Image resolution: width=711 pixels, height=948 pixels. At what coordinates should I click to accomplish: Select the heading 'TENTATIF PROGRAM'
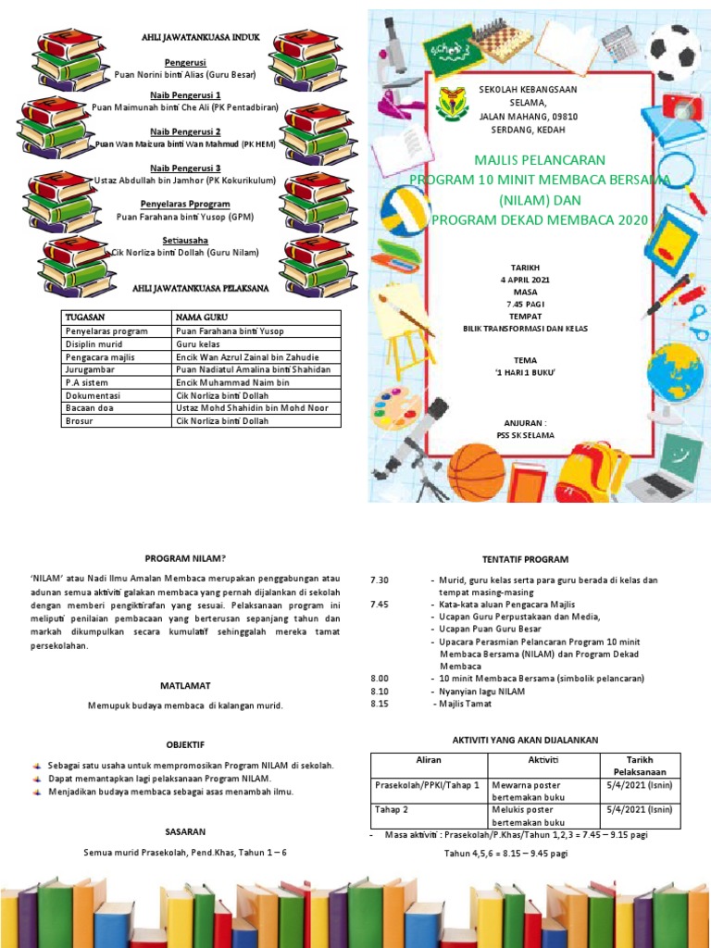click(x=525, y=559)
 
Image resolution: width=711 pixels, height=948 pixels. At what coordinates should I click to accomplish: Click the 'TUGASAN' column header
click(x=84, y=317)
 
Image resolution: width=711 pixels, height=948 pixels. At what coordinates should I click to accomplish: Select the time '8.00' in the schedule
click(x=380, y=679)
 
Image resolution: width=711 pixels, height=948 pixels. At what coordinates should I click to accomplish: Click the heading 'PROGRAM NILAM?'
click(x=185, y=558)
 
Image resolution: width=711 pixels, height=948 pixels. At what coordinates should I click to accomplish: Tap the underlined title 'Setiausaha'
click(x=185, y=239)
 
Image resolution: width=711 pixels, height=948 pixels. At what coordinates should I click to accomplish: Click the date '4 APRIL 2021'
click(x=526, y=279)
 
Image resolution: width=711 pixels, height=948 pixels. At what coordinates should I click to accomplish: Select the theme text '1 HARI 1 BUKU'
click(x=526, y=372)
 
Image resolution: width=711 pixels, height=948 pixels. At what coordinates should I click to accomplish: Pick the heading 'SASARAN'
click(x=185, y=831)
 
